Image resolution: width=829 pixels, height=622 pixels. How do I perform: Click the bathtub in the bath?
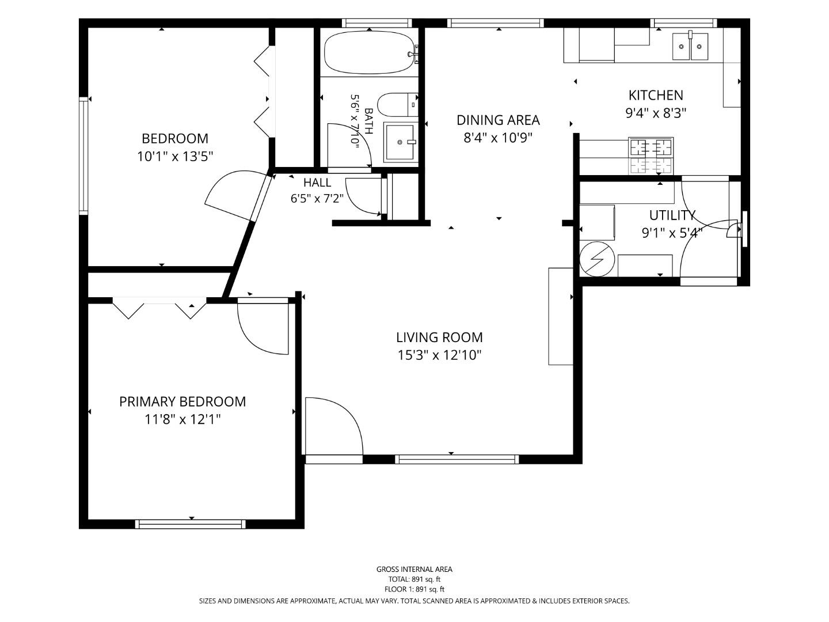(370, 52)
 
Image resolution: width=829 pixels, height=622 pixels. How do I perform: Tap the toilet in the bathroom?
(397, 105)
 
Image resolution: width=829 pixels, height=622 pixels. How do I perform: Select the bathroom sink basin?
(400, 142)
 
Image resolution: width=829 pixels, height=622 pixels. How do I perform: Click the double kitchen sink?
(690, 47)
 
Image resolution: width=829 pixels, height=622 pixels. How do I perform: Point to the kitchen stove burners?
(651, 155)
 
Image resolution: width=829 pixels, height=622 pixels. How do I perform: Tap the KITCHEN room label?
(656, 95)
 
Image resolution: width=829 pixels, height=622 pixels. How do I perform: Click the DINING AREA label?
(498, 120)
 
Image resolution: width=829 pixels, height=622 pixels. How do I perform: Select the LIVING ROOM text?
(439, 337)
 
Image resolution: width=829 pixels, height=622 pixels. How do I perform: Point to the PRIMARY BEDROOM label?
(182, 401)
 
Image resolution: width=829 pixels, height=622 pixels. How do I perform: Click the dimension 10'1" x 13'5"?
(175, 156)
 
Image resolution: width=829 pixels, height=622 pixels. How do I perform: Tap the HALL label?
(317, 183)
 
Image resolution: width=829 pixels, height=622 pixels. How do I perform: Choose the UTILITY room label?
(672, 215)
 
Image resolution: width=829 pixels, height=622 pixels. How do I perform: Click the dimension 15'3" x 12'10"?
(439, 355)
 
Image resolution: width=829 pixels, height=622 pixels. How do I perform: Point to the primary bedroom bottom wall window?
(191, 524)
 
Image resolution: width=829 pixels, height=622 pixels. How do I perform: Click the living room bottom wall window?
(457, 459)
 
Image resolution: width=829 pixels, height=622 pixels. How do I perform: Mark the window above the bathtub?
(377, 23)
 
